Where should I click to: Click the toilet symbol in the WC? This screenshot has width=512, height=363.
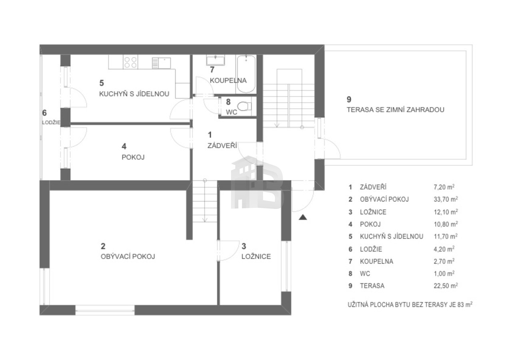pyautogui.click(x=244, y=107)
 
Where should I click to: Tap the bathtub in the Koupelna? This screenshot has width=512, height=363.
pyautogui.click(x=246, y=74)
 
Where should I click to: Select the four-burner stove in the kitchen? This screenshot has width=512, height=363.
pyautogui.click(x=130, y=62)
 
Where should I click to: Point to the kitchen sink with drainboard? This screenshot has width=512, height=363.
pyautogui.click(x=161, y=63)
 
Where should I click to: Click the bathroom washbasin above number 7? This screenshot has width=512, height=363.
pyautogui.click(x=216, y=60)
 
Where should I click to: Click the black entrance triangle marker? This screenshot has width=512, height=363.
pyautogui.click(x=303, y=217)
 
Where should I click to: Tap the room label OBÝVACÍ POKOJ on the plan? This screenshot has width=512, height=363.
pyautogui.click(x=128, y=256)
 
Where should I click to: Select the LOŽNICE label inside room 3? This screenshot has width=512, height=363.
pyautogui.click(x=256, y=256)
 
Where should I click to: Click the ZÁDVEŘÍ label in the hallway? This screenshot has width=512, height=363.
pyautogui.click(x=222, y=145)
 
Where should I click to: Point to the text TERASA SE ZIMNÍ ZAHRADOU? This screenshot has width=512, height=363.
pyautogui.click(x=396, y=110)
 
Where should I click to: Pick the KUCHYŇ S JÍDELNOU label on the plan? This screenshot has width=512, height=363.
pyautogui.click(x=134, y=94)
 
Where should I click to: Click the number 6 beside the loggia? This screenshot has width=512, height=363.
pyautogui.click(x=44, y=113)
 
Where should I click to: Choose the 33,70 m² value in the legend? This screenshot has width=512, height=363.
pyautogui.click(x=446, y=199)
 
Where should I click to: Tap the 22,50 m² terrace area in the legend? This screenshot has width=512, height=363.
pyautogui.click(x=446, y=286)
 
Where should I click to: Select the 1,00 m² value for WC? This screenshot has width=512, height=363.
pyautogui.click(x=444, y=274)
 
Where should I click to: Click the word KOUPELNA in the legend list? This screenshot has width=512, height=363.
pyautogui.click(x=376, y=261)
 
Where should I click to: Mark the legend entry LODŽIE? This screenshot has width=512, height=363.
pyautogui.click(x=371, y=249)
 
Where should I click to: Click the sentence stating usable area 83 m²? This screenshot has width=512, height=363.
pyautogui.click(x=410, y=305)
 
